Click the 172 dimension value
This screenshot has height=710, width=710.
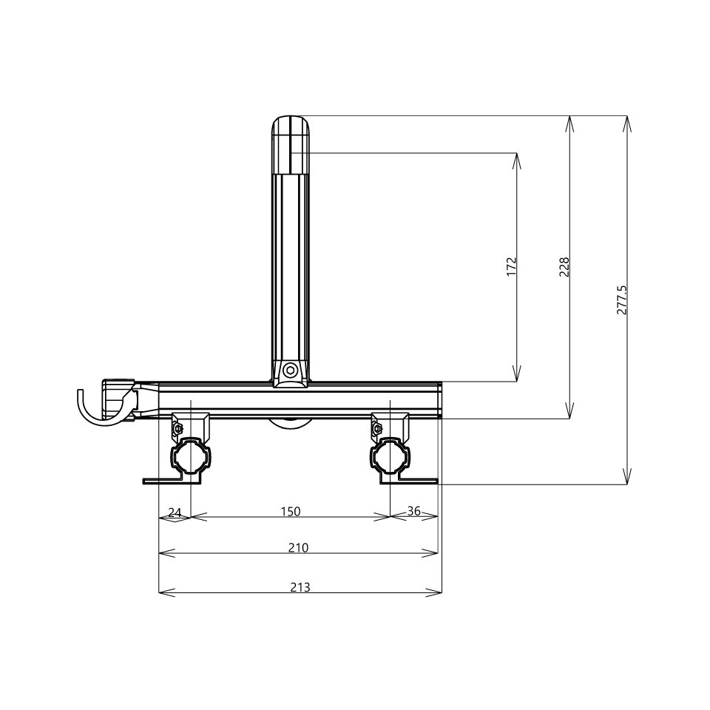tap(511, 267)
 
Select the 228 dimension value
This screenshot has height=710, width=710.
tap(564, 267)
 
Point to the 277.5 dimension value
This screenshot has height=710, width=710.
tap(622, 300)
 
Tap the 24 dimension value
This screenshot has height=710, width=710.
tap(175, 512)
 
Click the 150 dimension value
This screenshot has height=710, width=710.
tap(290, 511)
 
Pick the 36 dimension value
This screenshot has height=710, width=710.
tap(414, 511)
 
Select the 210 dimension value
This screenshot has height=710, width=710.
tap(298, 547)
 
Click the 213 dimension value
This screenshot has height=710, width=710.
tap(300, 587)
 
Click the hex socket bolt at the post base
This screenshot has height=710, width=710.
tap(290, 371)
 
